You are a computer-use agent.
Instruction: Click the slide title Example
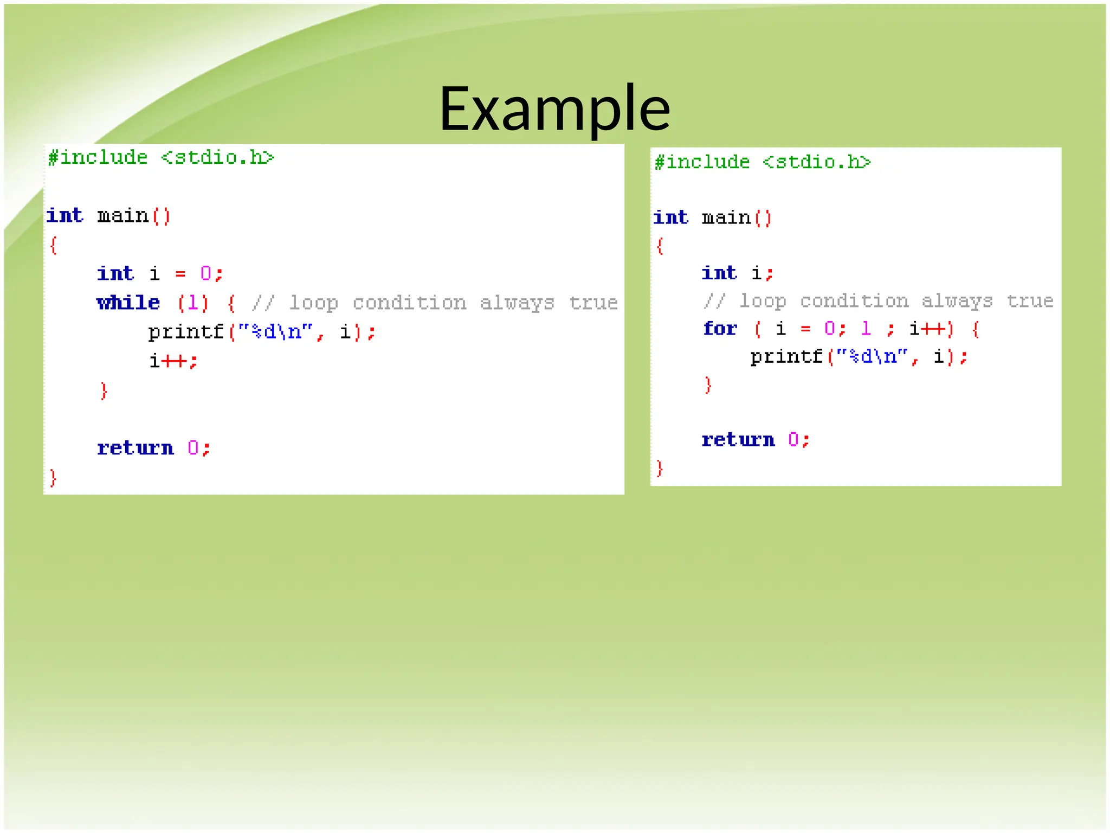(554, 108)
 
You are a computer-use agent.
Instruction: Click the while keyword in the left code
(128, 303)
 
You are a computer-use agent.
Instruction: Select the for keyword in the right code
(720, 329)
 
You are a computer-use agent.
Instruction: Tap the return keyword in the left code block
(135, 448)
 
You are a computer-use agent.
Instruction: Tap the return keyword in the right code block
(738, 440)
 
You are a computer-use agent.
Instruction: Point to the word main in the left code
(123, 216)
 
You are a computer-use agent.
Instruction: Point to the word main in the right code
(726, 218)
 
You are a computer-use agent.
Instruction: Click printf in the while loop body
(186, 332)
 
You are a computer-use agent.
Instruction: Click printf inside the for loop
(787, 357)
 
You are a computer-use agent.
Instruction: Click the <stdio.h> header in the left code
(218, 158)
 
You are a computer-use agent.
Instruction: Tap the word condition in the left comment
(409, 303)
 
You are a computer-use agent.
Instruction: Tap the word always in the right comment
(957, 301)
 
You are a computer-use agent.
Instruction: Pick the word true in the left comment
(593, 303)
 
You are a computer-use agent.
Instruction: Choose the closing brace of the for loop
(708, 385)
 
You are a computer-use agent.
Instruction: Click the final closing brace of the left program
(53, 478)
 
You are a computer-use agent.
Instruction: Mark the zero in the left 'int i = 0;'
(206, 273)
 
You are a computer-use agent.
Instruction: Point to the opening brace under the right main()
(660, 246)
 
